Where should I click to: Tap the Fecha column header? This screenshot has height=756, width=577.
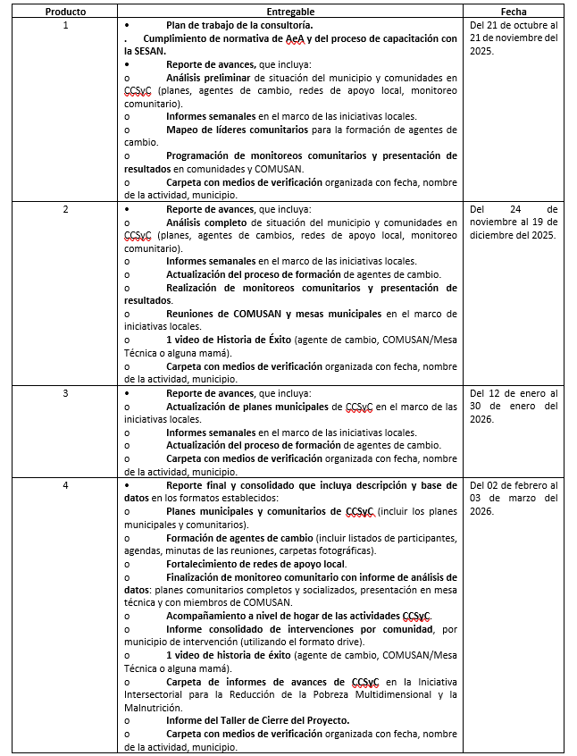[514, 11]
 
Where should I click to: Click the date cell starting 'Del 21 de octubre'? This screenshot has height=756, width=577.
[514, 38]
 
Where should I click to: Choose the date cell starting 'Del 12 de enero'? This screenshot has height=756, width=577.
[514, 406]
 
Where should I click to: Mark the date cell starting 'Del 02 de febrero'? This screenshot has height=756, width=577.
[514, 498]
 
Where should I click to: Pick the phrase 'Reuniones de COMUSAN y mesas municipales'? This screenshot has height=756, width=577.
[274, 314]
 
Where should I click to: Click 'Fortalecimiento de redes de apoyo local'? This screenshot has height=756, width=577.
[255, 564]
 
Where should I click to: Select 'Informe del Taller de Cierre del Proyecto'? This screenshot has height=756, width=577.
[257, 720]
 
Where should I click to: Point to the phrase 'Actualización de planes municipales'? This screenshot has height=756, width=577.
[247, 406]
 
